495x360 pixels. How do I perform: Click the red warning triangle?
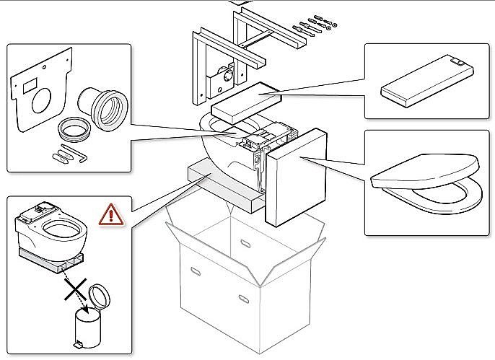pyautogui.click(x=111, y=214)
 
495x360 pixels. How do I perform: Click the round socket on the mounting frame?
pyautogui.click(x=227, y=74)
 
